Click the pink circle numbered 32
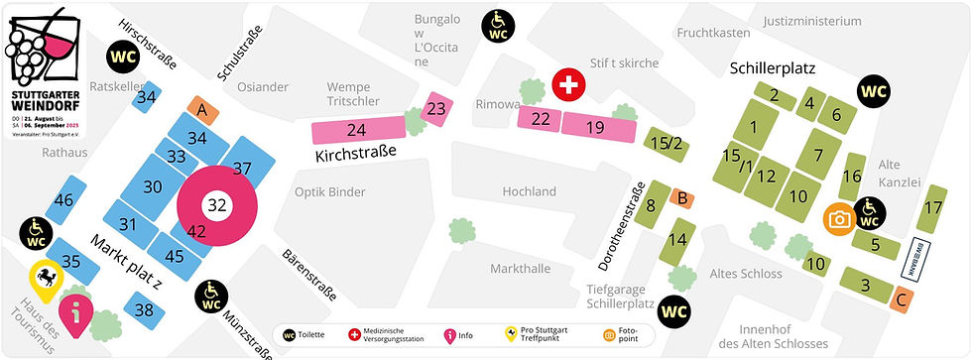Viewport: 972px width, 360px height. click(x=217, y=205)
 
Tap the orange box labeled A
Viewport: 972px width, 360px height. click(x=201, y=109)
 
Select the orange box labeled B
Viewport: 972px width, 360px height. click(x=682, y=198)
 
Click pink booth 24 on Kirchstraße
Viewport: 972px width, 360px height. click(x=356, y=130)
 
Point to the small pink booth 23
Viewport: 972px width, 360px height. click(x=436, y=109)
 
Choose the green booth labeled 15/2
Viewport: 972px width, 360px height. click(x=666, y=144)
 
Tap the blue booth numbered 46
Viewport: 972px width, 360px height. click(x=63, y=200)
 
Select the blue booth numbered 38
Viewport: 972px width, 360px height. click(x=145, y=310)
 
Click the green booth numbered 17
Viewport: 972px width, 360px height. click(x=932, y=208)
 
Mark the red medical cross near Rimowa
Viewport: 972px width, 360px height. click(x=568, y=86)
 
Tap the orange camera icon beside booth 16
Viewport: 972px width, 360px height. click(x=839, y=218)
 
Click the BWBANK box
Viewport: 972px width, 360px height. click(x=912, y=257)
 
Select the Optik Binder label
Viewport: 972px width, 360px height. click(x=330, y=191)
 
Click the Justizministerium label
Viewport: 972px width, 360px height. click(x=812, y=21)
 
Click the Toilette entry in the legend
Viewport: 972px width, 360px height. click(x=309, y=335)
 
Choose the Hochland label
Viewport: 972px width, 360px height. click(x=529, y=191)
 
